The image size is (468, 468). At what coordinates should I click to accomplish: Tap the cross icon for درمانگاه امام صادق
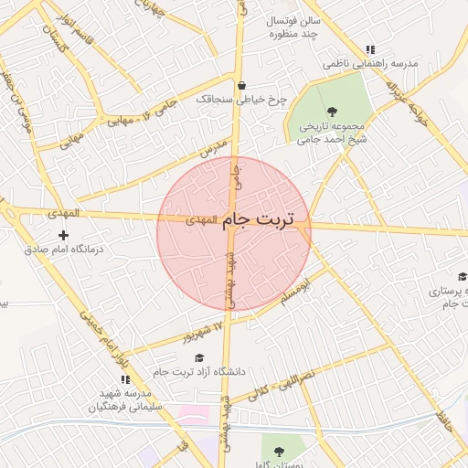tap(62, 236)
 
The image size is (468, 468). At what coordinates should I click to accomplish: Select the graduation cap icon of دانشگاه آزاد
tap(199, 357)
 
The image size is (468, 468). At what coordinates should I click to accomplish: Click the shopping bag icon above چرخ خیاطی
tap(241, 86)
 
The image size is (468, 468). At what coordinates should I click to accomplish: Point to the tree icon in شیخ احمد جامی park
tap(331, 111)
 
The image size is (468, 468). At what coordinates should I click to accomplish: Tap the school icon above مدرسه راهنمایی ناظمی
tap(369, 50)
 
